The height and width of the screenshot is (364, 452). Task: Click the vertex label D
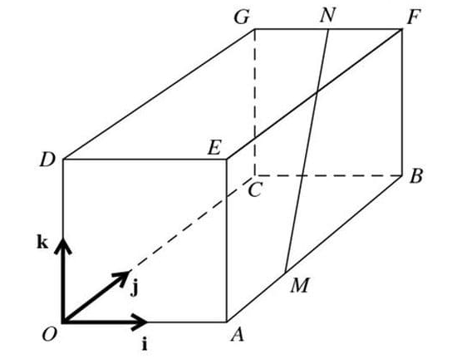[x=47, y=159]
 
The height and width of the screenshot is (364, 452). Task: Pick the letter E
[x=214, y=149]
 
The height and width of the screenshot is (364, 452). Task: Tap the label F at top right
[x=410, y=14]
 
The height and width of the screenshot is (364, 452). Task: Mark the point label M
[x=300, y=287]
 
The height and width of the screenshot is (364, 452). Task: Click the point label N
[x=328, y=14]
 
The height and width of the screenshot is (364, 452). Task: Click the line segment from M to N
[x=307, y=150]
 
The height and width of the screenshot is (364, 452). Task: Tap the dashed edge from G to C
[x=255, y=100]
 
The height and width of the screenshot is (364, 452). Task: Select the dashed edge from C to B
[x=332, y=175]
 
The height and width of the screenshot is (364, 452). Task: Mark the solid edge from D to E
[x=145, y=159]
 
